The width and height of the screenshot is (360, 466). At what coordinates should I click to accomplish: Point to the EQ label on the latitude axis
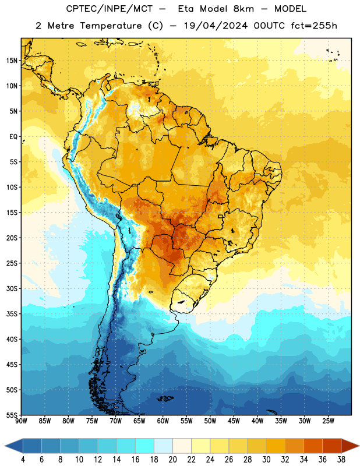(x=13, y=137)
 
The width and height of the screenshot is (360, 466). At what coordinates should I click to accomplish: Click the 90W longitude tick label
(x=22, y=421)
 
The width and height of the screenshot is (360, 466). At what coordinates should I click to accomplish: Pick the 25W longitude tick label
(x=328, y=421)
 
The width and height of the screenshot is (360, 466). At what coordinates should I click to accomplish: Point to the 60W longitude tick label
(x=163, y=421)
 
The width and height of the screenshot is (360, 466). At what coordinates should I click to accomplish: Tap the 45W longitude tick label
(x=234, y=421)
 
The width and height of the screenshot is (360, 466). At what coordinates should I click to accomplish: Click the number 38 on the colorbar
(x=341, y=460)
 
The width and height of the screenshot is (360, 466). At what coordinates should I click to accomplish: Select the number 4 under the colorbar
(x=23, y=460)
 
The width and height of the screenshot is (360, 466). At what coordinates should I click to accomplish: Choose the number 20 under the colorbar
(x=172, y=460)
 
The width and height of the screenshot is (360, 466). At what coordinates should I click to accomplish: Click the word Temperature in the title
(x=111, y=26)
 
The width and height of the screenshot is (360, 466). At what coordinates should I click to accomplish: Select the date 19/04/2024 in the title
(x=216, y=26)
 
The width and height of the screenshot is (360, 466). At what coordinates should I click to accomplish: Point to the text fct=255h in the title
(x=314, y=26)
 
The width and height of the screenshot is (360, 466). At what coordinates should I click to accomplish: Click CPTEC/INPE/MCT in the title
(x=109, y=9)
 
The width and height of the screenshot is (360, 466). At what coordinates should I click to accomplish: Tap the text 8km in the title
(x=243, y=9)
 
